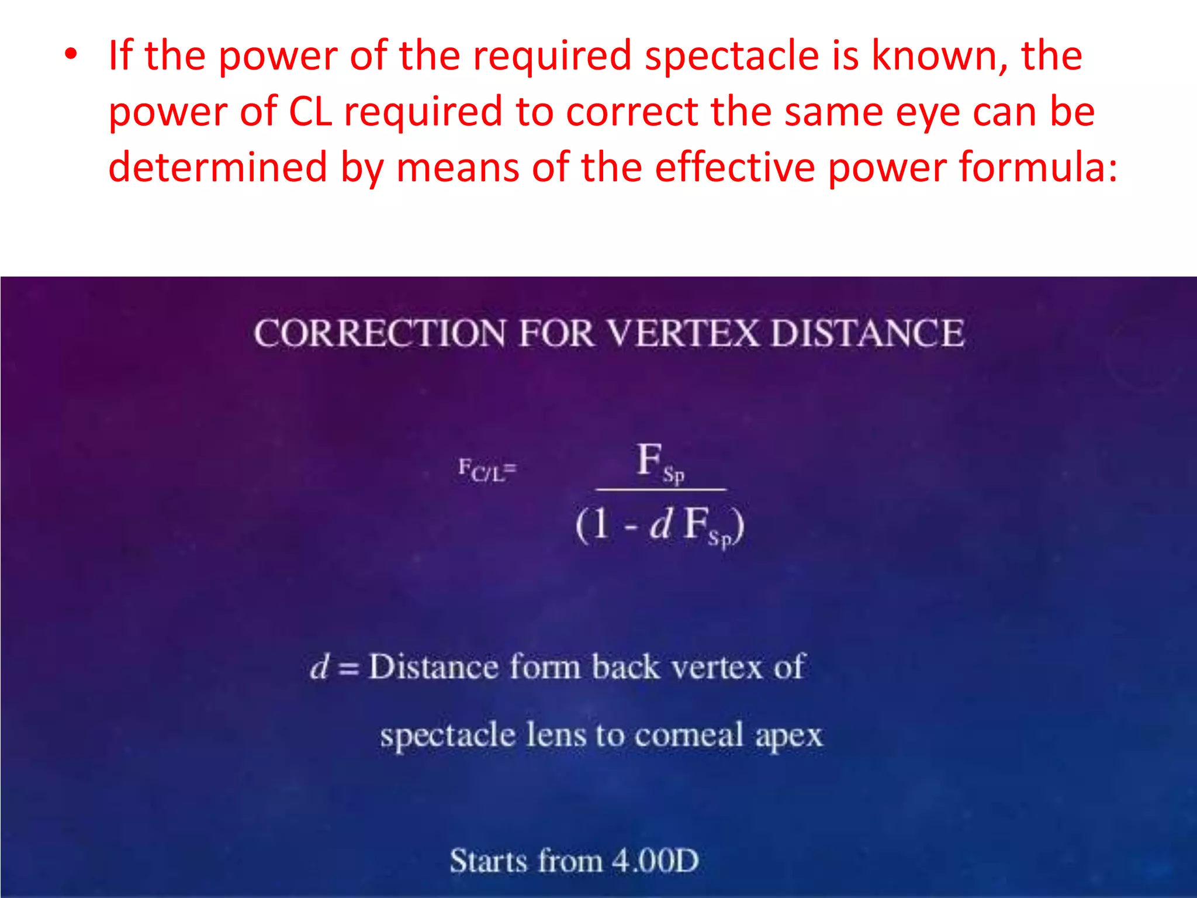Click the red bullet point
pyautogui.click(x=71, y=55)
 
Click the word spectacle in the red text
pyautogui.click(x=731, y=56)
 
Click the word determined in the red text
pyautogui.click(x=217, y=167)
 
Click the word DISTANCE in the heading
pyautogui.click(x=867, y=334)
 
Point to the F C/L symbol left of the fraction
pyautogui.click(x=486, y=470)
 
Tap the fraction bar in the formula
pyautogui.click(x=660, y=489)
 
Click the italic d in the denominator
pyautogui.click(x=661, y=523)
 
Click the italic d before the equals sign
pyautogui.click(x=320, y=666)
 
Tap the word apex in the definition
pyautogui.click(x=788, y=735)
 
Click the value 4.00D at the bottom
pyautogui.click(x=655, y=861)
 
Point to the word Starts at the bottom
pyautogui.click(x=488, y=861)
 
